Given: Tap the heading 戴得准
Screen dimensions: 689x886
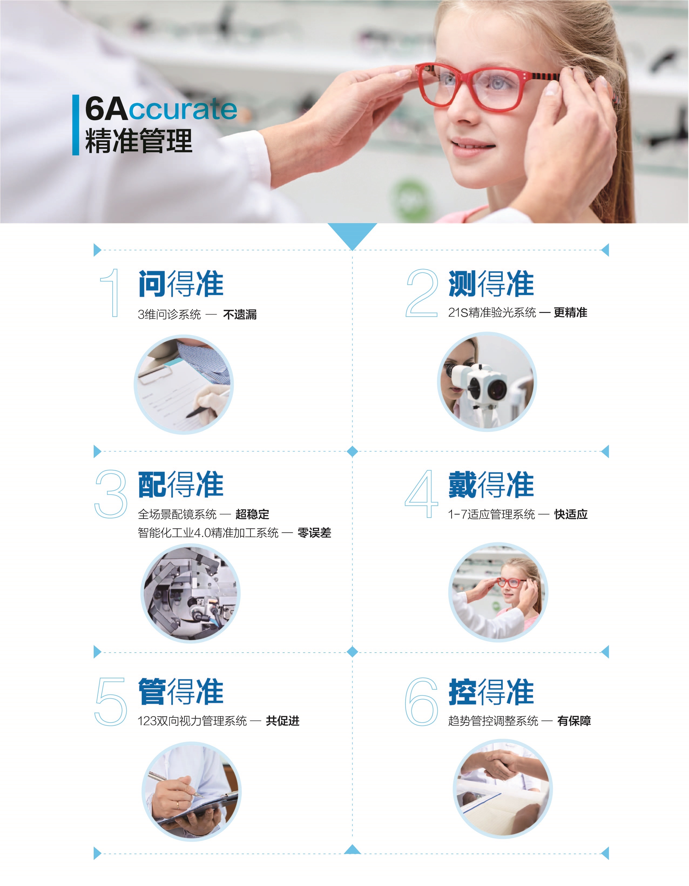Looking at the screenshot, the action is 491,484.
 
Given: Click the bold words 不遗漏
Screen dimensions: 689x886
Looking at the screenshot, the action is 240,314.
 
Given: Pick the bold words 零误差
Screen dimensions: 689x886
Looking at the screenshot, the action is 314,533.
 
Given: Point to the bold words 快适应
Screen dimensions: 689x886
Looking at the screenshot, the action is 571,514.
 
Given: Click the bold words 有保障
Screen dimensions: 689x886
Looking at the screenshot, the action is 574,721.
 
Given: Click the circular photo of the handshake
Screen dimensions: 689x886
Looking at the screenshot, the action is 502,789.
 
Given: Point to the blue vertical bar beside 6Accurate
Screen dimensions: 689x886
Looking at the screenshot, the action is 75,125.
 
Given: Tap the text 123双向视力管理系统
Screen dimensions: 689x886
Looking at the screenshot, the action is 192,721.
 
